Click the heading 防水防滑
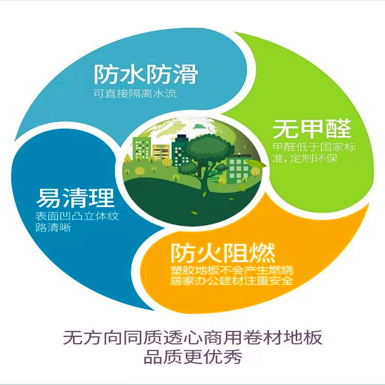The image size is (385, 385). [146, 74]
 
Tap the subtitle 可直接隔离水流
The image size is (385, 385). [135, 93]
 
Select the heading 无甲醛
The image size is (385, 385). [312, 129]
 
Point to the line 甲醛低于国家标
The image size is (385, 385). [314, 147]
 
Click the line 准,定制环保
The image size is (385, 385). [305, 159]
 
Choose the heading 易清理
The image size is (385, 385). [75, 198]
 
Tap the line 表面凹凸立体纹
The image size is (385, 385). [77, 216]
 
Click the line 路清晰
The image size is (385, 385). [53, 227]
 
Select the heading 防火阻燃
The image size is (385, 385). [223, 253]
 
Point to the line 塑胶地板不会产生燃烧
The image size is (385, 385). [232, 271]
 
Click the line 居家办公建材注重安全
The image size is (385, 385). [232, 281]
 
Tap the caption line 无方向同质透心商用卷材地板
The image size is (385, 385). [192, 338]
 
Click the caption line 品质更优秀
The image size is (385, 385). [193, 357]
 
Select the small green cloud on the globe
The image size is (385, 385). [199, 126]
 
